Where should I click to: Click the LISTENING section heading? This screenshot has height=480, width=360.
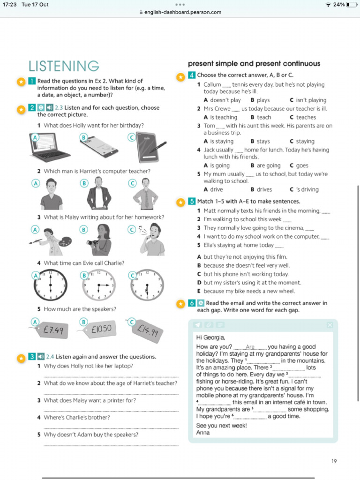(x=64, y=66)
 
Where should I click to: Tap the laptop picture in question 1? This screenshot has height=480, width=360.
(x=51, y=148)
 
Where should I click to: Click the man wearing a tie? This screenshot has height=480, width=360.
(x=146, y=194)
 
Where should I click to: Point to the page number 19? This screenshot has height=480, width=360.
(x=334, y=461)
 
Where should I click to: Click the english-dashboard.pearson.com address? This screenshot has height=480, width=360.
(x=183, y=12)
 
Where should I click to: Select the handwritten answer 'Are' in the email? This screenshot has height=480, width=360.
(x=250, y=347)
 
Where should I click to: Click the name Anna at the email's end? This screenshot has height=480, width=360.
(x=203, y=433)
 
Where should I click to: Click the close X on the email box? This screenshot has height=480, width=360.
(x=330, y=325)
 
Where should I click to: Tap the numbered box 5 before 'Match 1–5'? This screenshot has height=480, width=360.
(x=192, y=202)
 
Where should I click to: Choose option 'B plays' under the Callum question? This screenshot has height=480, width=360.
(x=260, y=100)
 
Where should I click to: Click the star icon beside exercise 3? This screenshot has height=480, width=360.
(x=21, y=358)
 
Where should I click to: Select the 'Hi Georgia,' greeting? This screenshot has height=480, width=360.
(x=210, y=337)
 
